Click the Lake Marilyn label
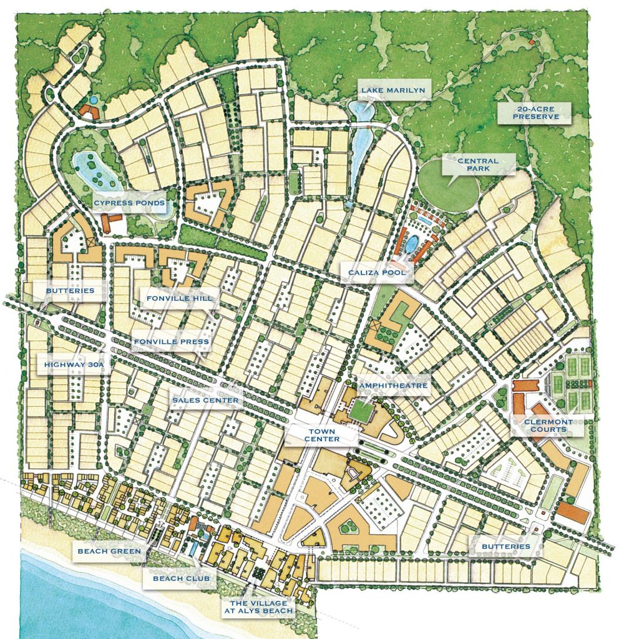click(393, 90)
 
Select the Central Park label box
click(477, 165)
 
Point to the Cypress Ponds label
click(129, 203)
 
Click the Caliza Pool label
click(377, 273)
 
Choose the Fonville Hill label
click(176, 299)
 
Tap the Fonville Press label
click(171, 342)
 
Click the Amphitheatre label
click(392, 386)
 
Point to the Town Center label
click(322, 435)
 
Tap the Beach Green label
click(109, 551)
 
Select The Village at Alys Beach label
click(258, 607)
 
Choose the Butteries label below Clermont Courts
click(505, 547)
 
